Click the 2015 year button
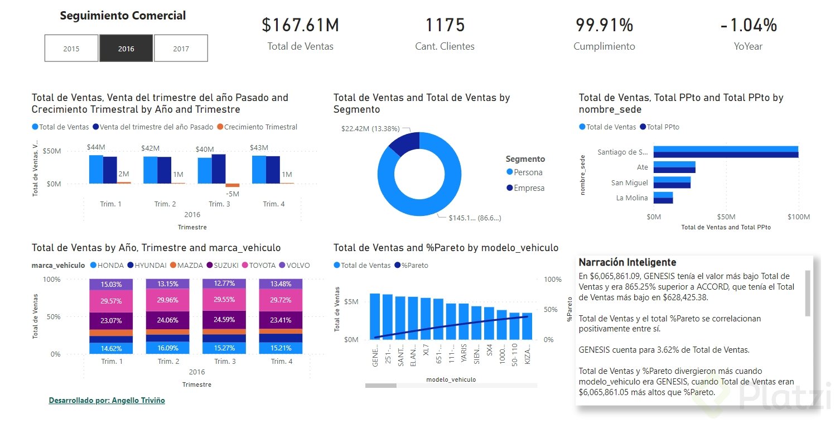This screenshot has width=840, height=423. click(71, 49)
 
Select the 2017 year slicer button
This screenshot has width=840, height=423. click(181, 49)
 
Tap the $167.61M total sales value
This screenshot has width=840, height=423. click(300, 25)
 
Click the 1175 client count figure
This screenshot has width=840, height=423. click(445, 25)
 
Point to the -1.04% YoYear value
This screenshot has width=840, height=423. click(748, 25)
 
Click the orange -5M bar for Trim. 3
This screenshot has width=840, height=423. click(232, 185)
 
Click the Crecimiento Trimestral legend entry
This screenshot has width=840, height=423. click(257, 127)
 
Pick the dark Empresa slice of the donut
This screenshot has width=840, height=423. click(403, 143)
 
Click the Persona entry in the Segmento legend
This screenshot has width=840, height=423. click(528, 172)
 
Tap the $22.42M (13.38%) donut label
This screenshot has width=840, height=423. click(370, 129)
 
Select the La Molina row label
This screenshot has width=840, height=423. click(632, 198)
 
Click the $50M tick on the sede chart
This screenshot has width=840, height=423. click(726, 217)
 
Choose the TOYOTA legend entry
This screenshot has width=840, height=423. click(261, 265)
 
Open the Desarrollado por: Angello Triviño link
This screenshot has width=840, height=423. click(107, 401)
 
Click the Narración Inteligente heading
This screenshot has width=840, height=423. click(627, 262)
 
